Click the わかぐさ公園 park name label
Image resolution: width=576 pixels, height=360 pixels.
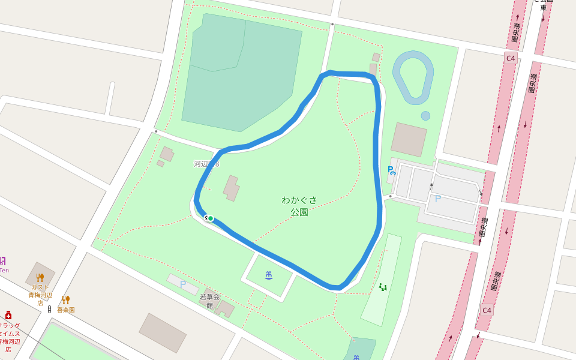tap(299, 206)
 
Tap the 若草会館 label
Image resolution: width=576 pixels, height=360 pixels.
tap(210, 301)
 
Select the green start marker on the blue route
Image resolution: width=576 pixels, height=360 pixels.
tap(211, 218)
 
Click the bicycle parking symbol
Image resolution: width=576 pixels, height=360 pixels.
tap(391, 170)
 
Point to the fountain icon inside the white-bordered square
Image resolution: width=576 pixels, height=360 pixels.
tap(269, 275)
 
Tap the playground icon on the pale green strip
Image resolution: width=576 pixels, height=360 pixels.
tap(383, 287)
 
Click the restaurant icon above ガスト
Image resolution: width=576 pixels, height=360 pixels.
tap(40, 278)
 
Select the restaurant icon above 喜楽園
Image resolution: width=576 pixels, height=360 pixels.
tap(66, 299)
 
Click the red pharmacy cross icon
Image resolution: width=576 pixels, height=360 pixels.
tap(8, 315)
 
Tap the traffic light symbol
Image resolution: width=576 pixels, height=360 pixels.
tap(49, 309)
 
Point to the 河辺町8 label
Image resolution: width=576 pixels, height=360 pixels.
tap(206, 164)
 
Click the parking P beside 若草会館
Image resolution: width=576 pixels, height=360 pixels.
tap(183, 284)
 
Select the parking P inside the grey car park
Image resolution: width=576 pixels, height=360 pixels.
tap(437, 199)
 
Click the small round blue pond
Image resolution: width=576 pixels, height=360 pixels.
tap(425, 116)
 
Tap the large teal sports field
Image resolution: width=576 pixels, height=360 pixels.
tap(240, 78)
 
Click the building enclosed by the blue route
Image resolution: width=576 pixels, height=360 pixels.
tap(232, 188)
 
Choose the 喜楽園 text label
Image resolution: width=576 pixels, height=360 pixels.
tap(66, 310)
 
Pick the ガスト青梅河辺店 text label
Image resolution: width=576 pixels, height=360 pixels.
tap(40, 295)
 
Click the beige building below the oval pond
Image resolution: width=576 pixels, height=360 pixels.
tap(409, 139)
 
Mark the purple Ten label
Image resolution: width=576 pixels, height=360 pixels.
tap(4, 270)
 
